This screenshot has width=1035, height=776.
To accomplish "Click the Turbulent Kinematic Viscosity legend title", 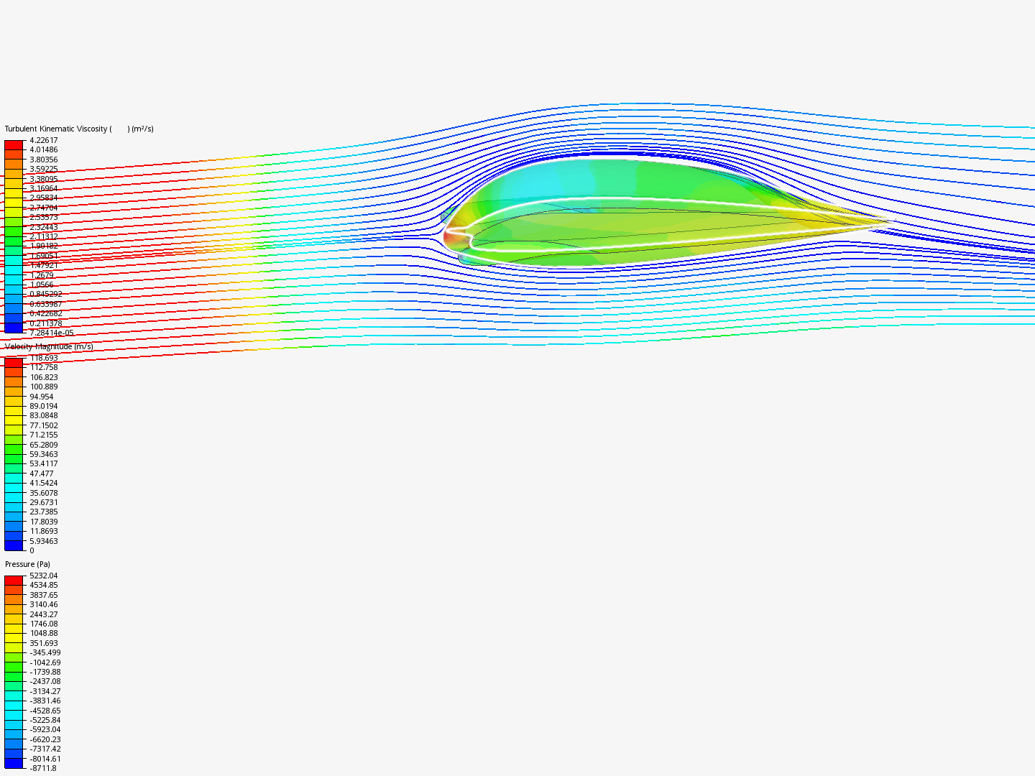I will (x=79, y=129).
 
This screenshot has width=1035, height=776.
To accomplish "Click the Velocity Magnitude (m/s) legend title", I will (x=49, y=347).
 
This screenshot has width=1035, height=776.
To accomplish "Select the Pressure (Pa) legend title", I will (x=27, y=565).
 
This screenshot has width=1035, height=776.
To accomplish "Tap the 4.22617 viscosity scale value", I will (x=43, y=141).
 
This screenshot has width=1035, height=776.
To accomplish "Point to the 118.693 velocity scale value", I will (x=43, y=358).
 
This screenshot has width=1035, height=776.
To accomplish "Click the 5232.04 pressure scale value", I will (x=43, y=576).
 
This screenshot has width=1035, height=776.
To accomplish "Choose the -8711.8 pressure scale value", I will (x=42, y=768).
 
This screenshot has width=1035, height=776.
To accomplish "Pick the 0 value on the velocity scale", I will (x=32, y=550).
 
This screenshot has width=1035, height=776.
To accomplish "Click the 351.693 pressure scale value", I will (x=43, y=643).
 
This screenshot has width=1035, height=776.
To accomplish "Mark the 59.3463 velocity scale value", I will (x=43, y=454).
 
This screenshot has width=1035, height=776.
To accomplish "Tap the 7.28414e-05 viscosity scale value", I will (x=51, y=333).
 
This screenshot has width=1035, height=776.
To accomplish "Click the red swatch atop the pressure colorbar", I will (x=14, y=580).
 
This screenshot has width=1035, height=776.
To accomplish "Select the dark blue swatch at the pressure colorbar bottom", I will (x=14, y=763).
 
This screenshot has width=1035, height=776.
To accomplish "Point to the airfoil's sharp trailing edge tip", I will (x=888, y=221).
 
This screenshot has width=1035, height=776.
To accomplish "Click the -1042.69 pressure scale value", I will (x=45, y=662).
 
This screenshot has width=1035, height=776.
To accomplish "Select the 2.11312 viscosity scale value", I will (x=43, y=236).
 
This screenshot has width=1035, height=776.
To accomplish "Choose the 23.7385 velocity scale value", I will (x=43, y=512).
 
